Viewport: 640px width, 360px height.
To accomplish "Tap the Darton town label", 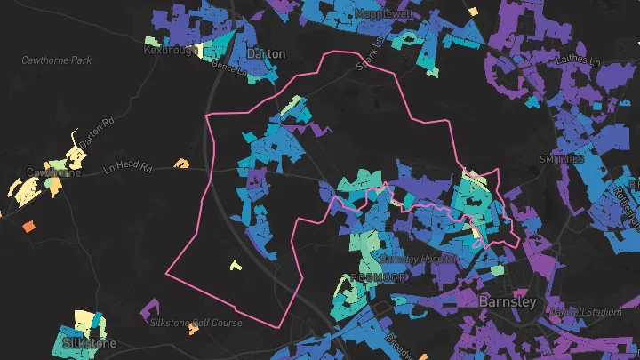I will click(x=266, y=54).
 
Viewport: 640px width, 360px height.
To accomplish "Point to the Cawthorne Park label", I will click(x=57, y=60).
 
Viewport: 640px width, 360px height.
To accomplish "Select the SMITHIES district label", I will click(x=561, y=159).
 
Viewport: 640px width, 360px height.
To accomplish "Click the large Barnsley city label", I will click(x=508, y=302).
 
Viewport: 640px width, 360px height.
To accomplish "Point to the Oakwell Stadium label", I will click(x=587, y=312).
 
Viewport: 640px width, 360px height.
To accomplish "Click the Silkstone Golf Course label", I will click(x=196, y=323).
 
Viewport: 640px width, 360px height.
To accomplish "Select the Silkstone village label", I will click(x=90, y=343).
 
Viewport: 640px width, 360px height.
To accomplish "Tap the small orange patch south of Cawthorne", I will click(x=28, y=227).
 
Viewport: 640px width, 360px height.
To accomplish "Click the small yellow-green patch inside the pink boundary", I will click(x=235, y=264).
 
